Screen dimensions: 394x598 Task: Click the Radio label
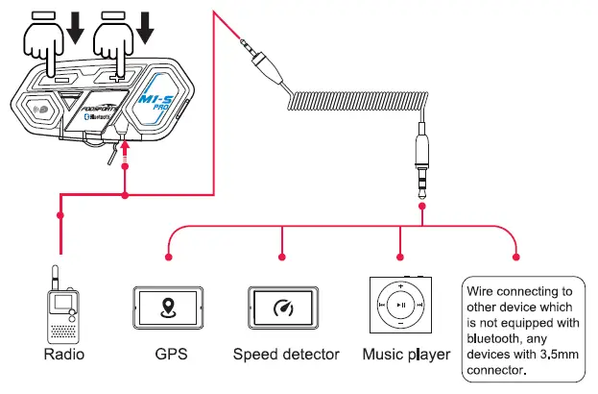pos(65,355)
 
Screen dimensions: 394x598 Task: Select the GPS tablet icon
pos(169,308)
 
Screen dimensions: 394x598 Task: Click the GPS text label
pos(170,355)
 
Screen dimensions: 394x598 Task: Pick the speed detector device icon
pos(282,308)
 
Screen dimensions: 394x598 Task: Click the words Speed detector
pos(286,355)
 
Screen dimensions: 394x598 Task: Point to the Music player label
pos(406,355)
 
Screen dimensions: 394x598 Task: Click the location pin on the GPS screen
pos(169,308)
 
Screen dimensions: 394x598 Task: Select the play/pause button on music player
pos(401,305)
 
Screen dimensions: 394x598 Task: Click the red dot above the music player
pos(399,257)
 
